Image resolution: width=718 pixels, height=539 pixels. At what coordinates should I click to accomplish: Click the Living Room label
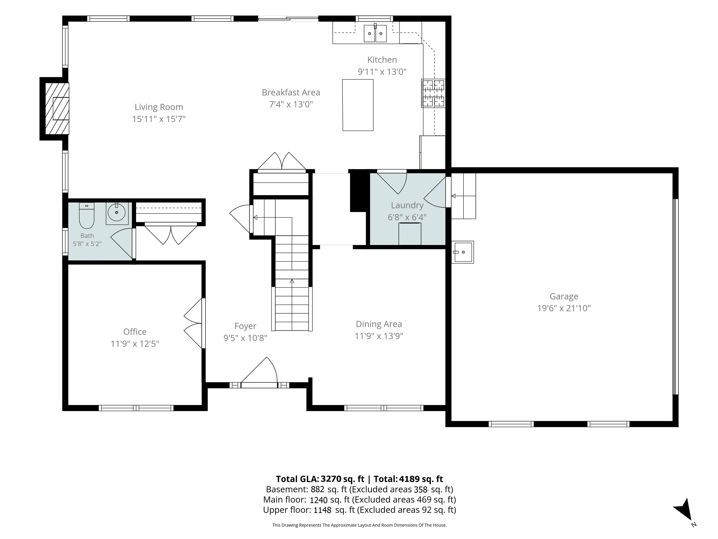(159, 107)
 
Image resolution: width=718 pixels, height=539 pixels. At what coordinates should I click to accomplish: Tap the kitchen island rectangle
(358, 105)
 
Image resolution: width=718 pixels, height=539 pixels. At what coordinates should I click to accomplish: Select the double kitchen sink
(375, 33)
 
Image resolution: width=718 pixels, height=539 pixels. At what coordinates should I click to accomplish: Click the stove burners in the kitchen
(433, 93)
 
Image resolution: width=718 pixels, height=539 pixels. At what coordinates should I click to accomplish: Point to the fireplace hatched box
(57, 109)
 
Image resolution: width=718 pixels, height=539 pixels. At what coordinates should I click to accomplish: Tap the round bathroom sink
(117, 213)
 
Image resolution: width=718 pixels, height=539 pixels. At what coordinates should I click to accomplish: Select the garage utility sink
(463, 252)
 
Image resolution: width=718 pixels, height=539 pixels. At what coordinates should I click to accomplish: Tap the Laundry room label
(407, 205)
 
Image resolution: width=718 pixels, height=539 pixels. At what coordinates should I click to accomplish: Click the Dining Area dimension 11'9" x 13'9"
(379, 336)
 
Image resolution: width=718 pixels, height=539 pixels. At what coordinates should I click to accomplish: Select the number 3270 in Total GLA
(331, 479)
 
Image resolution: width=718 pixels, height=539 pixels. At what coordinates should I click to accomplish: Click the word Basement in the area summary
(287, 489)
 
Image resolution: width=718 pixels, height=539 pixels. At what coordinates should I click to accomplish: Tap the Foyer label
(245, 326)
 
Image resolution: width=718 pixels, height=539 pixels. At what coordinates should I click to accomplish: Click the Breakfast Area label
(291, 93)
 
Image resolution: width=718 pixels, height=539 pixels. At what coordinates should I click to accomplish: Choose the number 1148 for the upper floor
(322, 510)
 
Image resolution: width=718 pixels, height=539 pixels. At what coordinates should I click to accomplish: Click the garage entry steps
(463, 196)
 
